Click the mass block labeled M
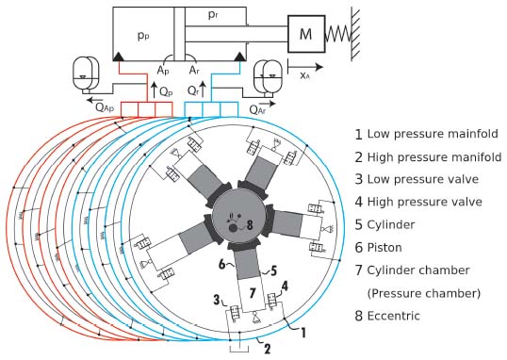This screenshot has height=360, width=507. pos(306,34)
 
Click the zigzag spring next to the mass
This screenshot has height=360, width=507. pos(338,34)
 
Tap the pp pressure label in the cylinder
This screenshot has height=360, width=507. pos(143,36)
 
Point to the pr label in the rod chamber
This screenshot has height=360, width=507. pos(213,15)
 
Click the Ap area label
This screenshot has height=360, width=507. pos(163,70)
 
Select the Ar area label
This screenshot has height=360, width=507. pos(194,70)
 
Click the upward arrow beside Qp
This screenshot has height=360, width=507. pos(154,90)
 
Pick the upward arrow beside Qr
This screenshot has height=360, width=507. pos(203,90)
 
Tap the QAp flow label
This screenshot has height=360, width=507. pos(105,107)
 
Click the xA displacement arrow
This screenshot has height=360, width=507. pos(305,67)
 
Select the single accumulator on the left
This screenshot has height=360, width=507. pos(86,74)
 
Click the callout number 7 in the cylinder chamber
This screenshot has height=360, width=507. pos(253,293)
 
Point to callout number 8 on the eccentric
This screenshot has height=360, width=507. pos(250,225)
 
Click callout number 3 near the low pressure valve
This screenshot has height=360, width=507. pos(217,300)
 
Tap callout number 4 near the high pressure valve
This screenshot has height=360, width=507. pos(285,286)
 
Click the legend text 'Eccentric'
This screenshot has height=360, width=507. pos(394,316)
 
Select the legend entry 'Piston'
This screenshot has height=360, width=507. pos(378,248)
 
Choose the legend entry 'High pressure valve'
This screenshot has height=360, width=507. pos(418,202)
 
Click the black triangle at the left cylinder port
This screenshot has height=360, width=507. pos(119,57)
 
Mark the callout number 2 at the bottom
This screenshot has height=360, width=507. pos(267,349)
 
